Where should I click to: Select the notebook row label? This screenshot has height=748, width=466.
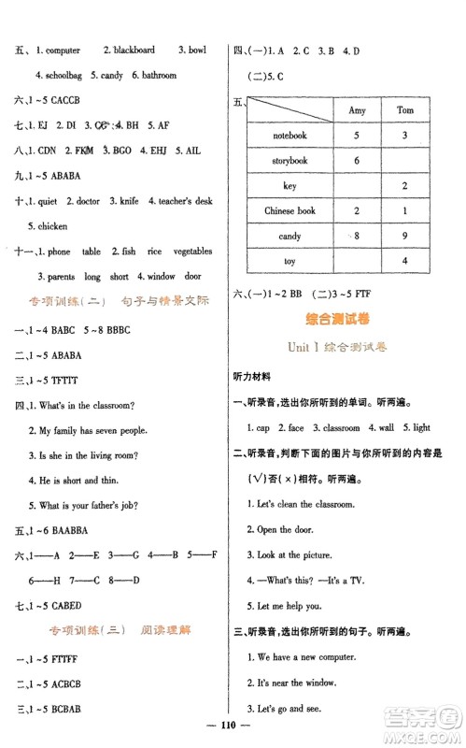(289, 136)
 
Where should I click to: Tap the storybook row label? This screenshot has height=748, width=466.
(289, 161)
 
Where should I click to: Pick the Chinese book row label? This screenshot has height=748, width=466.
(289, 211)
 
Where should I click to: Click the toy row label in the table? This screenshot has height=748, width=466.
(289, 262)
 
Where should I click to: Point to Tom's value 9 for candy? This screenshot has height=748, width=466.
(402, 237)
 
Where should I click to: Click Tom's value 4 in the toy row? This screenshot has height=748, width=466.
(402, 262)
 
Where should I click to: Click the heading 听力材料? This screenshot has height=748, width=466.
(253, 377)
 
